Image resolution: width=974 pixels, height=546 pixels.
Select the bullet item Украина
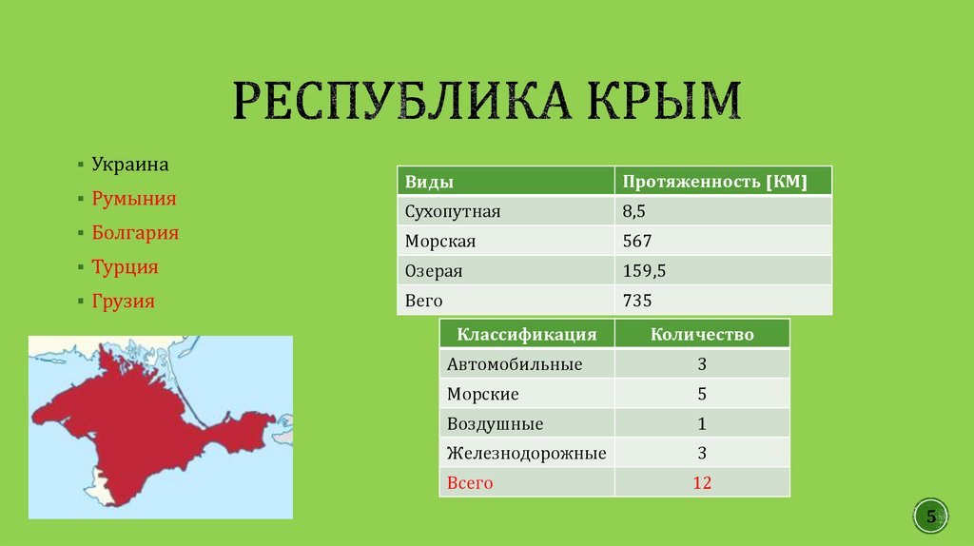click(x=130, y=165)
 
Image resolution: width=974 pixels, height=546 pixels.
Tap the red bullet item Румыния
click(x=134, y=199)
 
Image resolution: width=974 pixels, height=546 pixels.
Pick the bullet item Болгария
click(x=135, y=233)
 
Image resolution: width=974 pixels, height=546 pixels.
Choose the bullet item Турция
click(x=125, y=267)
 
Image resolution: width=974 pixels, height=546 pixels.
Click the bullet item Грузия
click(x=123, y=302)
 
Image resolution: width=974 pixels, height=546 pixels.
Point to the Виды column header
click(x=429, y=182)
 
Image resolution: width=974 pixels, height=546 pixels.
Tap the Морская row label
click(x=439, y=242)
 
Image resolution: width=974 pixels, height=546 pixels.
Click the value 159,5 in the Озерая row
click(x=644, y=271)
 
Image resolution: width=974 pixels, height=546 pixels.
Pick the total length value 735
click(x=637, y=302)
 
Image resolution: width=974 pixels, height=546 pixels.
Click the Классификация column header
click(x=527, y=334)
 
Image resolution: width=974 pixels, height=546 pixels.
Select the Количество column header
click(x=702, y=334)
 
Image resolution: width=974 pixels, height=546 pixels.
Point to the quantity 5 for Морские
click(x=702, y=394)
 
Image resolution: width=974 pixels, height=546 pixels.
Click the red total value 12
click(x=702, y=483)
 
